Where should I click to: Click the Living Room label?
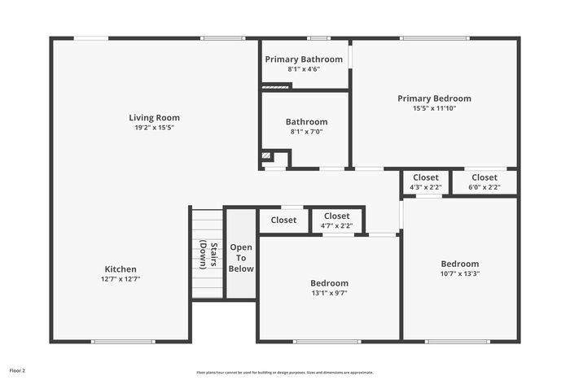click(x=154, y=118)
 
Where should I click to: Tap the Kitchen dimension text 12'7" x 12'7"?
click(x=121, y=279)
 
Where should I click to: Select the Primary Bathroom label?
click(x=304, y=59)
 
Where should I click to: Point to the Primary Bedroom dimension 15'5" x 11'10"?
click(x=434, y=108)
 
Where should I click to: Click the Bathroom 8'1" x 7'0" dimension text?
click(x=306, y=132)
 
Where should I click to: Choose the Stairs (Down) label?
click(x=208, y=256)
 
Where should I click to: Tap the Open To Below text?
click(x=241, y=258)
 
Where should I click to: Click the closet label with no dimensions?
click(x=283, y=221)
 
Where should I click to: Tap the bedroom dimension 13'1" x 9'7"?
click(x=329, y=293)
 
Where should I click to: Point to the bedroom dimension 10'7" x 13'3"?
click(x=460, y=273)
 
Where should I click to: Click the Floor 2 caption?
click(x=17, y=371)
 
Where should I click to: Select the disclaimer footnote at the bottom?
click(x=285, y=373)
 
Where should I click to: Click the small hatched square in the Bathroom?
click(x=266, y=156)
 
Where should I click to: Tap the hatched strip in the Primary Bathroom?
click(x=275, y=87)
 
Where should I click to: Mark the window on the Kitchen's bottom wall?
click(x=123, y=342)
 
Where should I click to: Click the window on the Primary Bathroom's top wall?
click(x=319, y=38)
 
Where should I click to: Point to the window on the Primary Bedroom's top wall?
click(x=435, y=38)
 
